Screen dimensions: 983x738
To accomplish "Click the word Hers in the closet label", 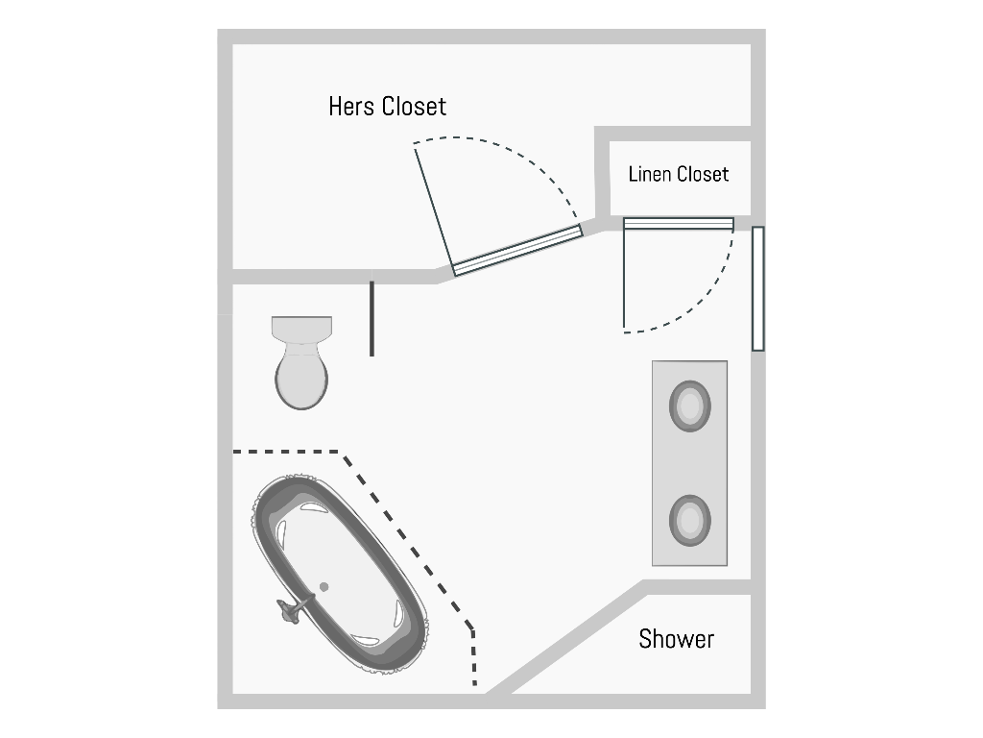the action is [351, 107].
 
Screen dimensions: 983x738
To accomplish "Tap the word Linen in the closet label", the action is [651, 174].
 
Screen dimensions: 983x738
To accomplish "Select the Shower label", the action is [677, 639].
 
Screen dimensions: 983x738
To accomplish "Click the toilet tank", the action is [301, 329].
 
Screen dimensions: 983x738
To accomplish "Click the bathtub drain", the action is [324, 587].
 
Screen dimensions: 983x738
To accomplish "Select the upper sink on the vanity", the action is [689, 406].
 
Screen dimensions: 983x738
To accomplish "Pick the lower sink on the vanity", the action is [689, 520].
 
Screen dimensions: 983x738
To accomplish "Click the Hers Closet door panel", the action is [517, 251].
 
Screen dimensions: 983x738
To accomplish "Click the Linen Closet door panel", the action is [679, 223].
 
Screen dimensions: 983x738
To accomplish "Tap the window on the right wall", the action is [758, 288].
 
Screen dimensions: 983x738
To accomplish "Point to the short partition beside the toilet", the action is [372, 318].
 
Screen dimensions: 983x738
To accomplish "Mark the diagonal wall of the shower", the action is [567, 637].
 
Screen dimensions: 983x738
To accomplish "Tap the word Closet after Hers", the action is [414, 107].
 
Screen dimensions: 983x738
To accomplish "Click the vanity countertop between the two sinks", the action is [689, 463].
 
